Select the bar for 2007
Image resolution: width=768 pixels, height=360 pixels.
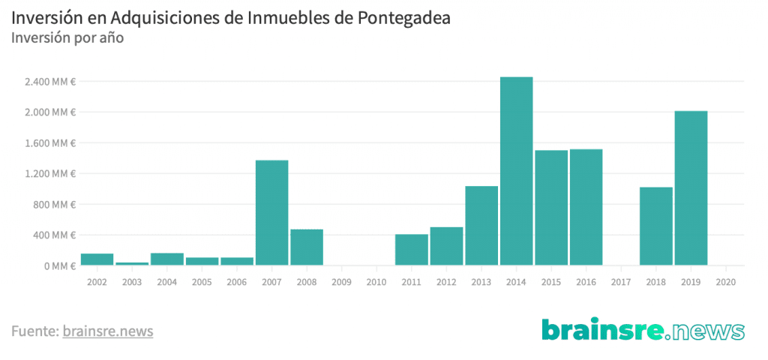[271, 213]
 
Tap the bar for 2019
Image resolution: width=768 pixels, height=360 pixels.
[691, 188]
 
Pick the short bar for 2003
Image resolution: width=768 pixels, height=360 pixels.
[132, 263]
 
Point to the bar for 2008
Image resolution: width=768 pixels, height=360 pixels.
[307, 247]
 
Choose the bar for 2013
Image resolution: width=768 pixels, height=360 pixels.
[481, 226]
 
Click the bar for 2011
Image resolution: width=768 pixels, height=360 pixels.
[412, 250]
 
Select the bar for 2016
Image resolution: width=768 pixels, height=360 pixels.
[586, 207]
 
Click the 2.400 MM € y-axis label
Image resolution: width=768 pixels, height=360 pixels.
[51, 81]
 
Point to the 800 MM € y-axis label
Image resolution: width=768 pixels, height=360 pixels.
[54, 204]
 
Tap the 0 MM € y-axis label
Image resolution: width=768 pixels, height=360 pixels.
[59, 265]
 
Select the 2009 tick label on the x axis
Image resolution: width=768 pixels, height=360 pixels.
[341, 283]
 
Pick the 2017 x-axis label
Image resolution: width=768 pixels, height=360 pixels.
[621, 283]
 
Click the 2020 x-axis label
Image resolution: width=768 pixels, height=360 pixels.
[725, 283]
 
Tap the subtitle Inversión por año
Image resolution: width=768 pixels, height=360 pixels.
[67, 37]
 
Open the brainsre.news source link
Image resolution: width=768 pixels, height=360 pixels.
[108, 330]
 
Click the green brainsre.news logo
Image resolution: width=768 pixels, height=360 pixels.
[643, 329]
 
